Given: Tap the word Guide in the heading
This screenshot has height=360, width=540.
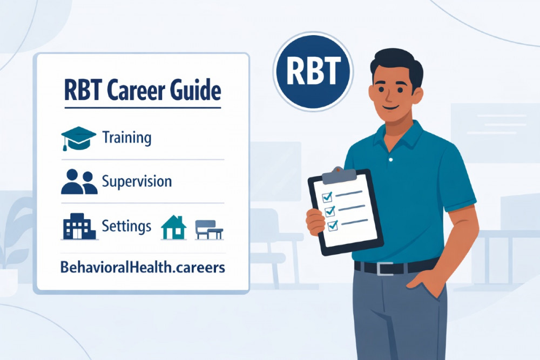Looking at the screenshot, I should pyautogui.click(x=198, y=91).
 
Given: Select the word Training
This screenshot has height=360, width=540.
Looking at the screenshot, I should pyautogui.click(x=127, y=138).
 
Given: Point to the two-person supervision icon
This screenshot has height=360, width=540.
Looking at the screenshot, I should pyautogui.click(x=79, y=181).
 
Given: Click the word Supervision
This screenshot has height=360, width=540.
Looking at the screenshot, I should pyautogui.click(x=137, y=181).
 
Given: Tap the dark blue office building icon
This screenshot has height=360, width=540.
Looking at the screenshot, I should pyautogui.click(x=79, y=226).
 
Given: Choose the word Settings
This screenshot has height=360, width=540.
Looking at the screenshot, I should pyautogui.click(x=126, y=226).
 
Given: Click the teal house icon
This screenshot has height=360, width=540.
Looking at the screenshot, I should pyautogui.click(x=174, y=227).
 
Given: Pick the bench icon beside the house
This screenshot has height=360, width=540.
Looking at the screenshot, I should pyautogui.click(x=209, y=229).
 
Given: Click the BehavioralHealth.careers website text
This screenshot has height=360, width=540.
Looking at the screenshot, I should pyautogui.click(x=143, y=267).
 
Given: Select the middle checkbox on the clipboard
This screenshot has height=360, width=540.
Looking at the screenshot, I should pyautogui.click(x=329, y=210).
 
